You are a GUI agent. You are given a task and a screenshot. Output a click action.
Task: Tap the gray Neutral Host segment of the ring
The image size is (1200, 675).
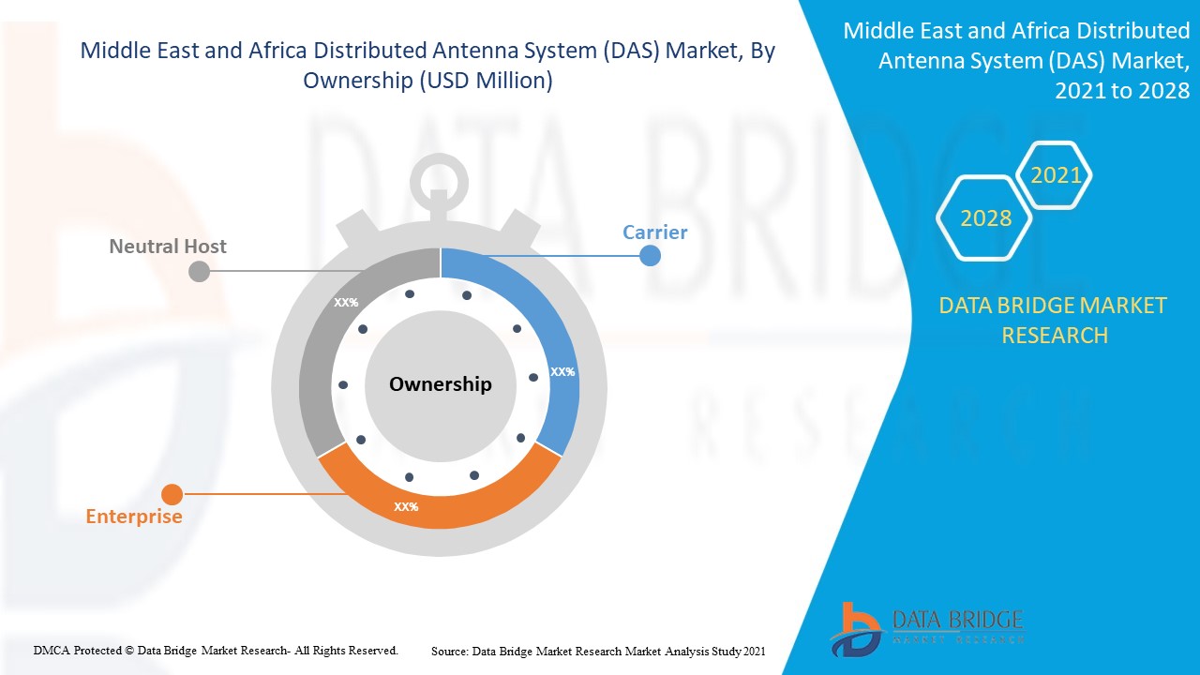323,356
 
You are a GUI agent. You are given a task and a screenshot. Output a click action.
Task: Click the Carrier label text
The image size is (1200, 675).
655,232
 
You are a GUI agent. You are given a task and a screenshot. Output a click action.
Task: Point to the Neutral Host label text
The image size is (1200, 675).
168,247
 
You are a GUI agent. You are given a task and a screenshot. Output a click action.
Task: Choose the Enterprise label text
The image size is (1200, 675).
134,517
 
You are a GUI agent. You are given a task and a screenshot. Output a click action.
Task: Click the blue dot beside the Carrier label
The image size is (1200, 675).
651,255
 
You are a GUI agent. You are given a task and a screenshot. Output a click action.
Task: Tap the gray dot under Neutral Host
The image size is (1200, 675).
199,271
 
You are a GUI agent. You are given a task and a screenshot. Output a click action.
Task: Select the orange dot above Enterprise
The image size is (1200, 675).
172,493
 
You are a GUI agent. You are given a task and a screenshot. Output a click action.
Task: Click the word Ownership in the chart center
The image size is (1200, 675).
440,383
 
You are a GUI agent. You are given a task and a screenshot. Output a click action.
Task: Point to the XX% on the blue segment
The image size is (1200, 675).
562,371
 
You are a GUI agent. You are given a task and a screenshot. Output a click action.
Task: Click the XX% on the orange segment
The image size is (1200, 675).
406,506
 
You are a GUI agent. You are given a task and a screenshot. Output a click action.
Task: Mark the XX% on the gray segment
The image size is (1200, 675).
346,303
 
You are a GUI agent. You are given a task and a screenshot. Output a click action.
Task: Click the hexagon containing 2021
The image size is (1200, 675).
1056,175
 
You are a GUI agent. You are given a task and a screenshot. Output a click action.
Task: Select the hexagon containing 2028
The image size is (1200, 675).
985,218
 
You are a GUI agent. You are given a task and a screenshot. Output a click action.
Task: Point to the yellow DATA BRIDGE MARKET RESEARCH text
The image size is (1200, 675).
1054,320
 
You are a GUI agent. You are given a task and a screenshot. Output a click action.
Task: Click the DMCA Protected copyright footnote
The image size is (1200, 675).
216,650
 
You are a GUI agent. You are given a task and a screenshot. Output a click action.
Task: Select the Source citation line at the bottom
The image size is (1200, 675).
598,650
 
